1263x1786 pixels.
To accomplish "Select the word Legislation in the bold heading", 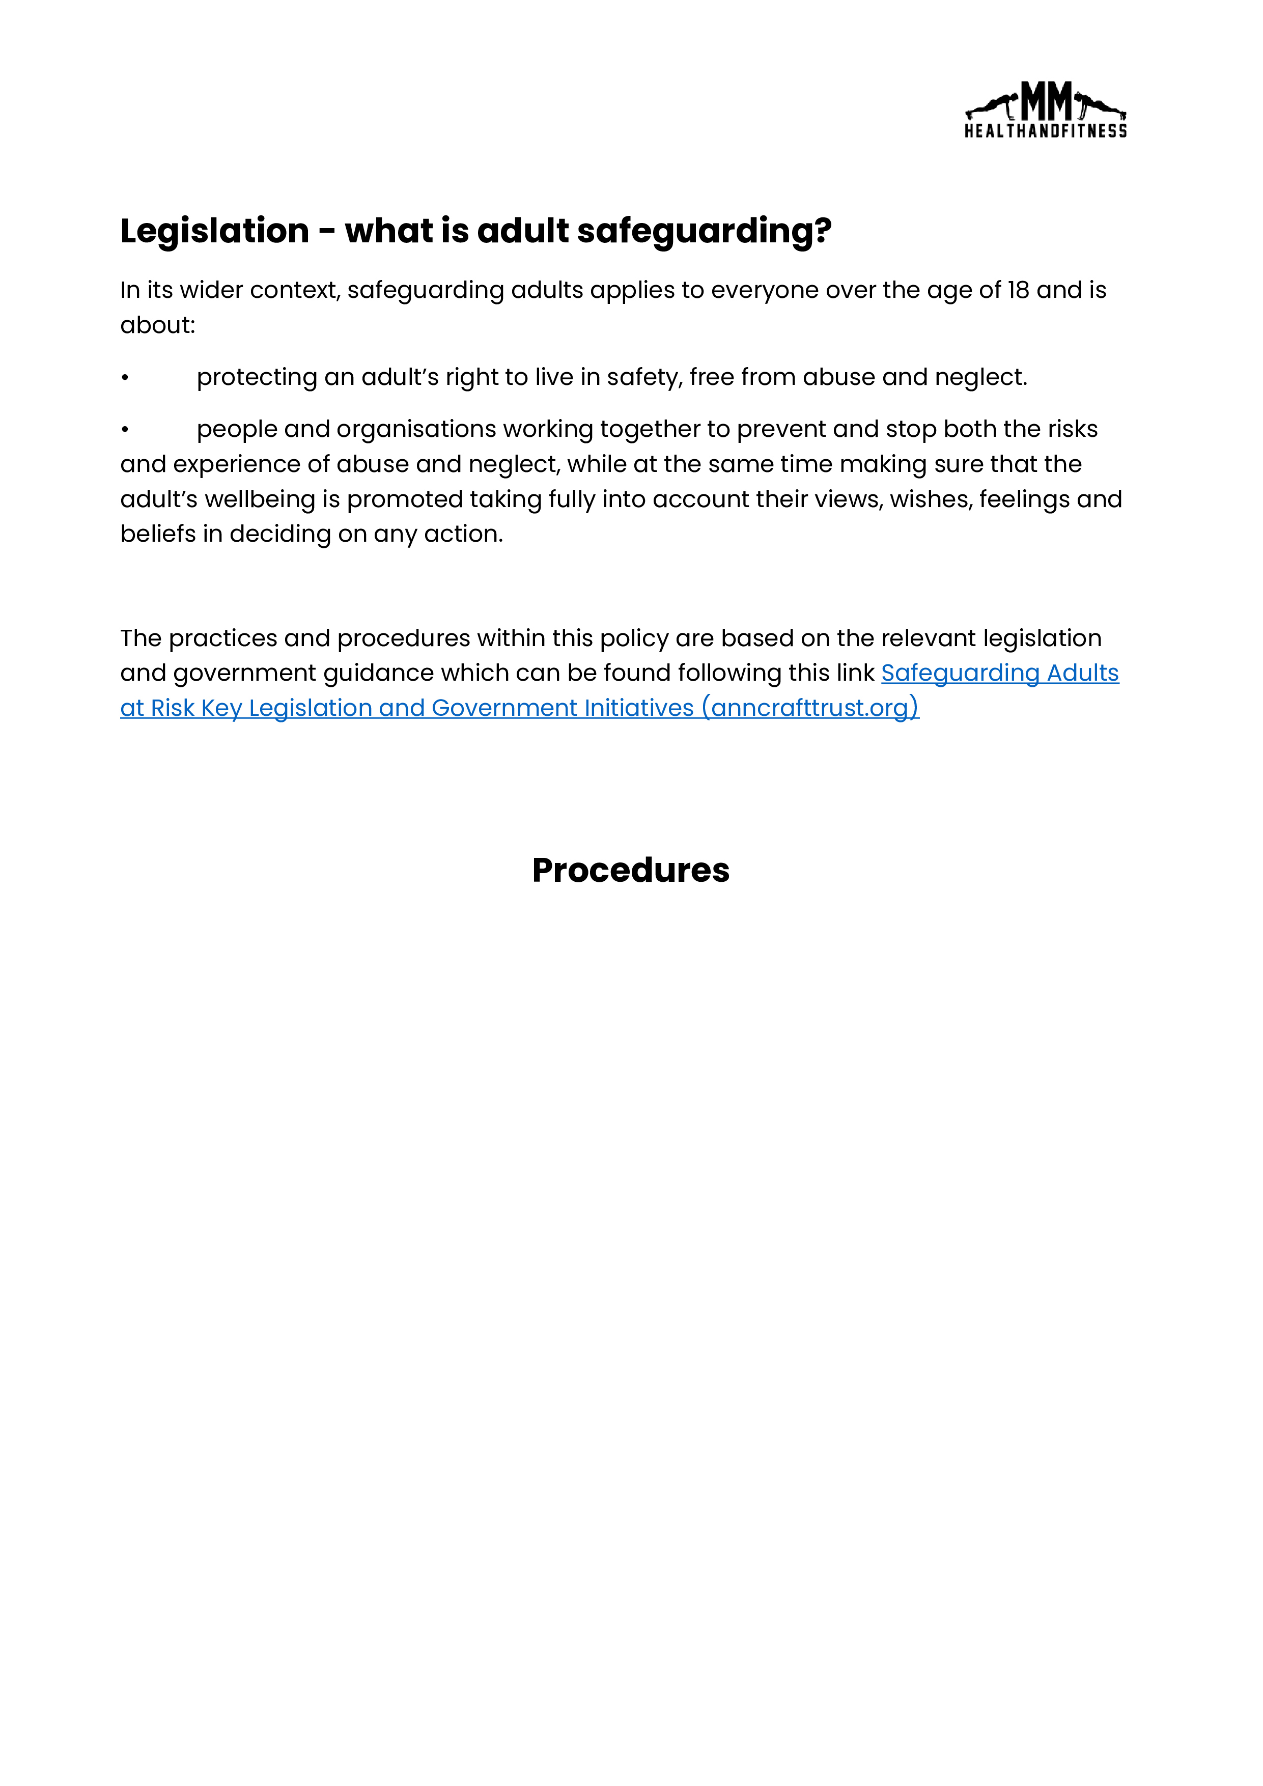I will pyautogui.click(x=215, y=231).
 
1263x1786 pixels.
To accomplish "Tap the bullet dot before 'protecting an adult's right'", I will pyautogui.click(x=124, y=378).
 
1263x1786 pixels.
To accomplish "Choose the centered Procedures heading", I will pyautogui.click(x=631, y=871).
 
